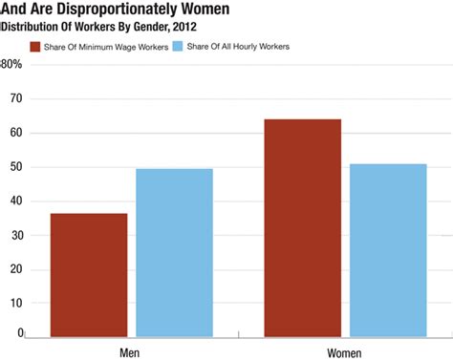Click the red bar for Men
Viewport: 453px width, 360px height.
pos(89,275)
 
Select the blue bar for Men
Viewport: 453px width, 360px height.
pos(174,253)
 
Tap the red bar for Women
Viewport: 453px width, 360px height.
pos(303,227)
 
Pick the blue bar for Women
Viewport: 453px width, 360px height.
pos(387,250)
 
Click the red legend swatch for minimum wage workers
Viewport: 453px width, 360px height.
pos(36,46)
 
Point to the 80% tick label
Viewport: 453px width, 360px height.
pos(11,65)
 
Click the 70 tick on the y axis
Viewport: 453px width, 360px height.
pos(14,98)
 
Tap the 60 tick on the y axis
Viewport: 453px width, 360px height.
pos(14,133)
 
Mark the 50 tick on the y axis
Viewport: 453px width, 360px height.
pos(14,167)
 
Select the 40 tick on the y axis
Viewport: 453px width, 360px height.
pos(14,201)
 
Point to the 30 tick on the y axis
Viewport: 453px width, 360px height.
pos(14,235)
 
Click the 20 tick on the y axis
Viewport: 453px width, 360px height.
pos(14,269)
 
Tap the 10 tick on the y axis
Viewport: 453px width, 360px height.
pos(14,303)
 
